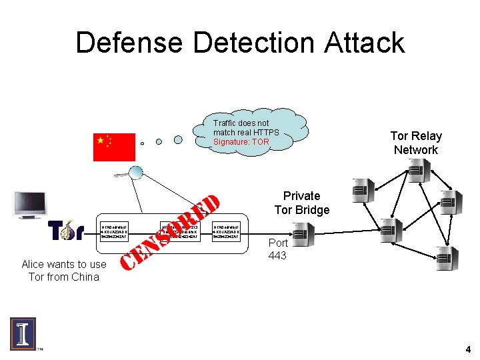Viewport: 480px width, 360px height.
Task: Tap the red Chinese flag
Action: pyautogui.click(x=113, y=147)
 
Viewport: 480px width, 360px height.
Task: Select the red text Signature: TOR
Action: pyautogui.click(x=241, y=142)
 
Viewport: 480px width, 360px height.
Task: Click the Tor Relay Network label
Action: pyautogui.click(x=416, y=143)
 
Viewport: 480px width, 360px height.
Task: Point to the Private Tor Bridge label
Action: pyautogui.click(x=301, y=203)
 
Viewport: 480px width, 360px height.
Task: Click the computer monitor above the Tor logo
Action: pyautogui.click(x=31, y=205)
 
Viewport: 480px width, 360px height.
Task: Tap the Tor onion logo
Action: pyautogui.click(x=65, y=231)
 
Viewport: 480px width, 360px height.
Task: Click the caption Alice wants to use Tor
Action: pyautogui.click(x=63, y=271)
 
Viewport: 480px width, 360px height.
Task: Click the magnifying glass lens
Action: pyautogui.click(x=135, y=173)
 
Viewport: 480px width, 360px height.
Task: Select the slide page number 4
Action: pyautogui.click(x=468, y=349)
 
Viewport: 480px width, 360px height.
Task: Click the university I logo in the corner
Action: pyautogui.click(x=23, y=333)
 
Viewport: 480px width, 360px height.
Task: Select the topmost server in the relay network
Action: pyautogui.click(x=417, y=171)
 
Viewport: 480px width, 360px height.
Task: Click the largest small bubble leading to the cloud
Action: pyautogui.click(x=178, y=139)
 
